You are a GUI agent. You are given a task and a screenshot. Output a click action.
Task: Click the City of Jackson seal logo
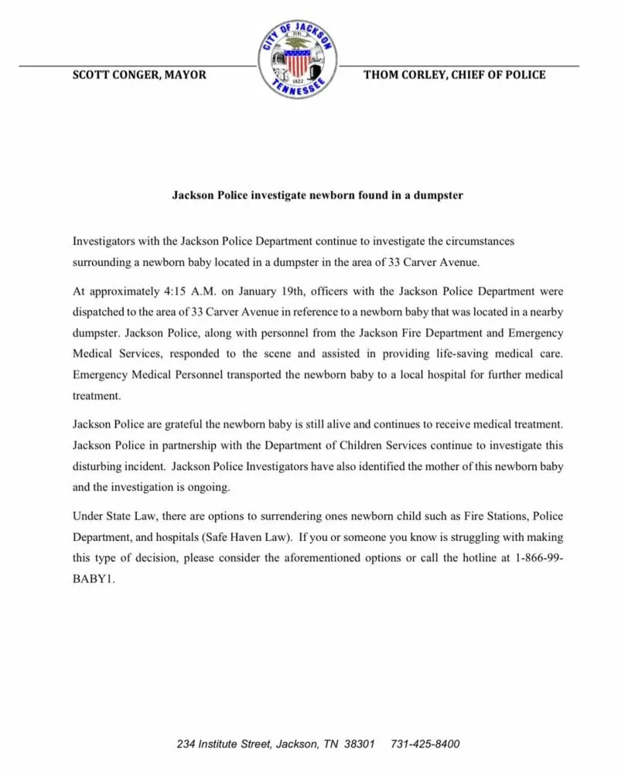tap(298, 60)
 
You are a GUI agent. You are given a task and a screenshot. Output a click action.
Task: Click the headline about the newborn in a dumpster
tap(317, 196)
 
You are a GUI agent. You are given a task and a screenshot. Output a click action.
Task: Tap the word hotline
tap(458, 557)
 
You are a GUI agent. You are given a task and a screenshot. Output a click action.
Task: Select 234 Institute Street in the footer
tap(223, 744)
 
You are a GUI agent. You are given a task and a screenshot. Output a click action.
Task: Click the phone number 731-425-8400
tap(425, 744)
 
